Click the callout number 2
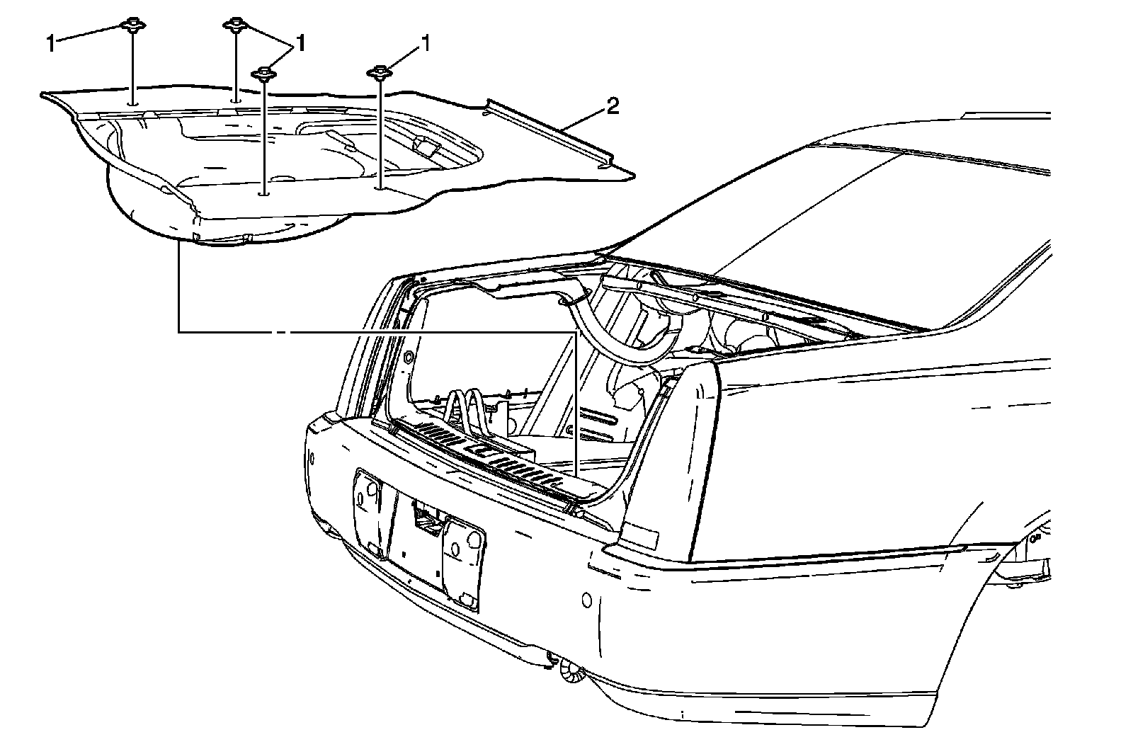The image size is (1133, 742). (x=613, y=107)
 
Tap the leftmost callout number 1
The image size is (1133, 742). (x=51, y=44)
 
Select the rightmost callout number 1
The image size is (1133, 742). (x=426, y=45)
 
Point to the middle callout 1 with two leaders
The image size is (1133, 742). (x=301, y=44)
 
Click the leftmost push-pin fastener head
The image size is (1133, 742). (x=132, y=26)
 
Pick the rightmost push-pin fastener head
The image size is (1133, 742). (x=380, y=72)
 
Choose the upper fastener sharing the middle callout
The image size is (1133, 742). (x=234, y=26)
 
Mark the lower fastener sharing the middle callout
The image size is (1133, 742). (x=264, y=73)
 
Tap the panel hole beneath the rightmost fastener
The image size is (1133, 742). (x=380, y=188)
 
